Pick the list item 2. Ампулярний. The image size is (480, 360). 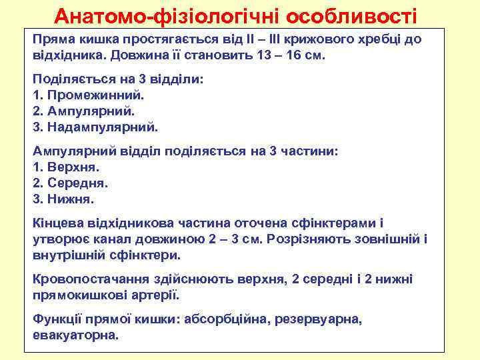click(83, 110)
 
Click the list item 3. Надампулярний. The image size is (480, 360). click(95, 125)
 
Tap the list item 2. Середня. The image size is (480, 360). click(70, 182)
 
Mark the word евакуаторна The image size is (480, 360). click(75, 335)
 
